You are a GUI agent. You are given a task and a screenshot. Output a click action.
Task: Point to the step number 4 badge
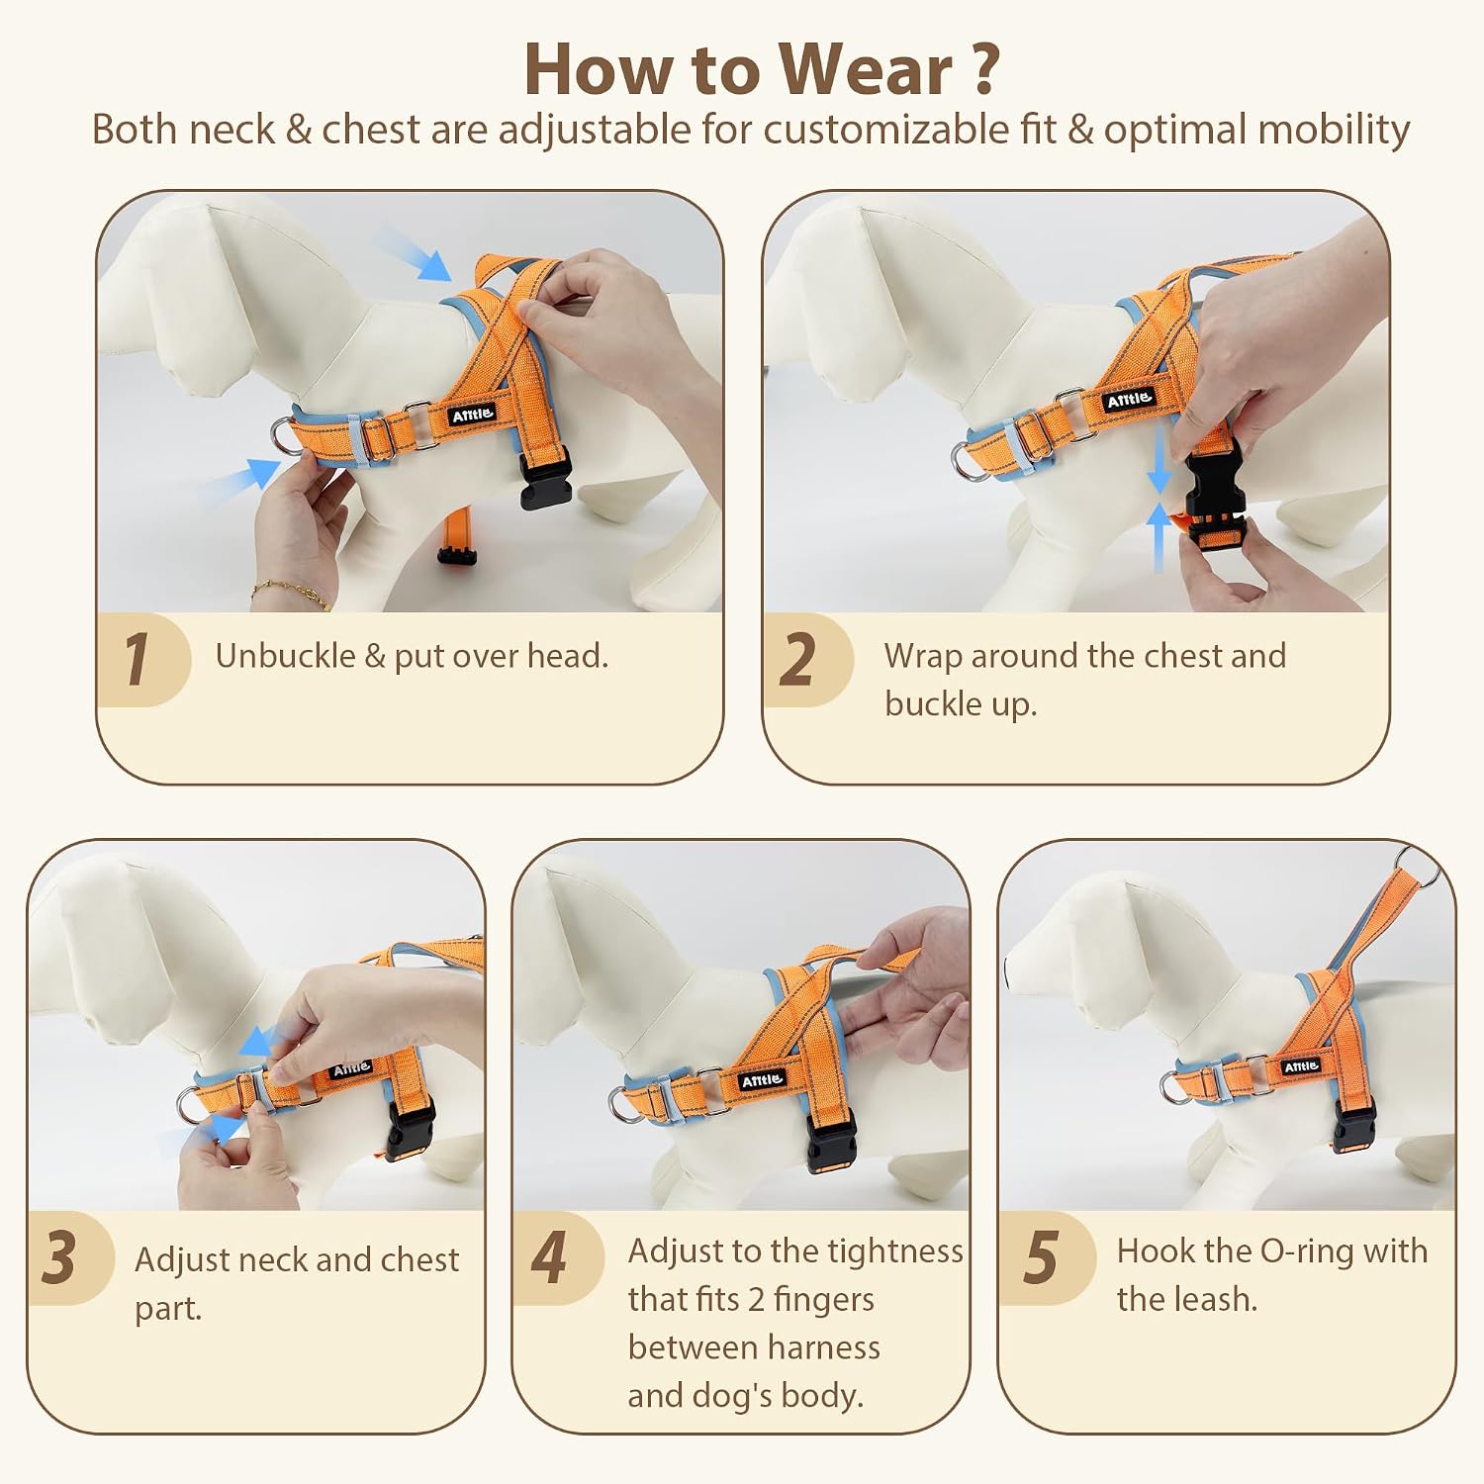pos(554,1257)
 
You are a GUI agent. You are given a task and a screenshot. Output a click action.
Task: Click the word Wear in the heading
pos(864,69)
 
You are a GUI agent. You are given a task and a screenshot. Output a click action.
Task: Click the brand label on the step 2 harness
pos(1129,400)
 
